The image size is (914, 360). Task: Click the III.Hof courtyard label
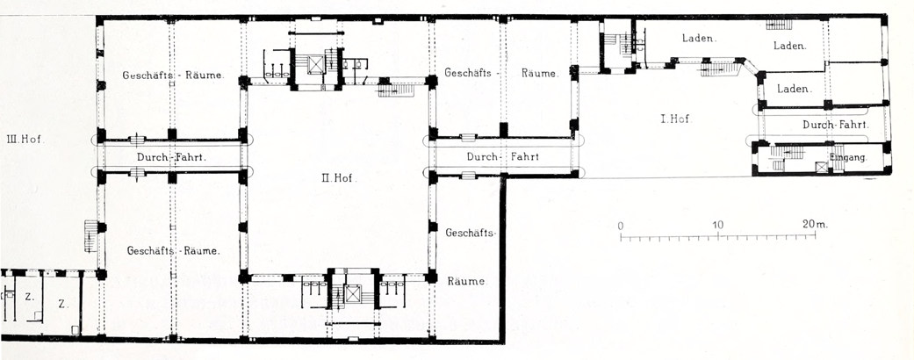pyautogui.click(x=24, y=138)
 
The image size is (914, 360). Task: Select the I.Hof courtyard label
pyautogui.click(x=674, y=119)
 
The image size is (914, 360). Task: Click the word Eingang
pyautogui.click(x=847, y=158)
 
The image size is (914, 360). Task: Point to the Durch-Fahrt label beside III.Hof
pyautogui.click(x=170, y=156)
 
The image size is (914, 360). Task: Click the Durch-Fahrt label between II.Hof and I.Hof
pyautogui.click(x=501, y=157)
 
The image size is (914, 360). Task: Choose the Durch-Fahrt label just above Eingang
pyautogui.click(x=835, y=126)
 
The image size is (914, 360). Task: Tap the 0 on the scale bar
pyautogui.click(x=621, y=225)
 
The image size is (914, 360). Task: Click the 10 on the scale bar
pyautogui.click(x=717, y=225)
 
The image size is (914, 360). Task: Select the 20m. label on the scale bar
pyautogui.click(x=816, y=225)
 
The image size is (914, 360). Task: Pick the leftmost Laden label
pyautogui.click(x=700, y=39)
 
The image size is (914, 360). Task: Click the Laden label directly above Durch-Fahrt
pyautogui.click(x=794, y=89)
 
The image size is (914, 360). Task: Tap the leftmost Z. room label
pyautogui.click(x=29, y=299)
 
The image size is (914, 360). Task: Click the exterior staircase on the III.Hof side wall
pyautogui.click(x=90, y=236)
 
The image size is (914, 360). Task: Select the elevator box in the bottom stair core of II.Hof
pyautogui.click(x=354, y=293)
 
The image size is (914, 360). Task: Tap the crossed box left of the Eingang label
pyautogui.click(x=820, y=166)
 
